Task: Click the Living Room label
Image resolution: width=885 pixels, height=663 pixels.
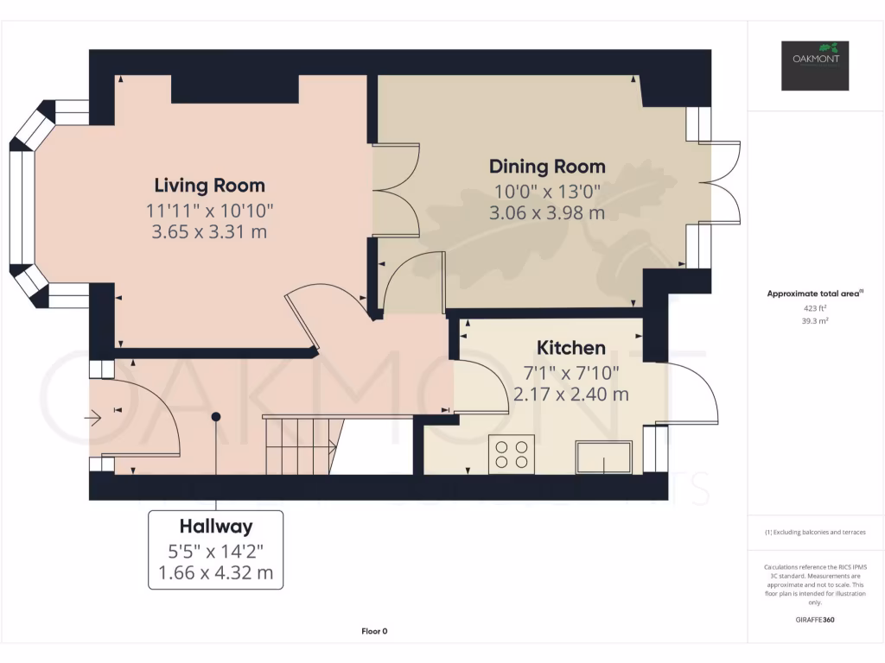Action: (x=209, y=185)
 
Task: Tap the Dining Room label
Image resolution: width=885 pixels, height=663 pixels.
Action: (x=547, y=167)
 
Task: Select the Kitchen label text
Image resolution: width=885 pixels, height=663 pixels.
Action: (x=570, y=348)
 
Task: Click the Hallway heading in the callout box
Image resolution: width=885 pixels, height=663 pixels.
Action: (x=215, y=526)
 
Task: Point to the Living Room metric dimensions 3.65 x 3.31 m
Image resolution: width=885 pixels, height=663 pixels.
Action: (x=209, y=231)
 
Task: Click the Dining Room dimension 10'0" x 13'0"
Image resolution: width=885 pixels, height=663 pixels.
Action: (x=547, y=192)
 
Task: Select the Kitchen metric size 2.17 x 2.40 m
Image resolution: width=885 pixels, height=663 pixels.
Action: (x=570, y=394)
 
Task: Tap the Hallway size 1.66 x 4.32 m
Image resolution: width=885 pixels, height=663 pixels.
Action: (x=215, y=573)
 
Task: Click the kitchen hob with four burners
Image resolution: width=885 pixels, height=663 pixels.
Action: (x=512, y=454)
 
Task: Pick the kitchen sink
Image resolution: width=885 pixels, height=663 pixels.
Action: (x=603, y=458)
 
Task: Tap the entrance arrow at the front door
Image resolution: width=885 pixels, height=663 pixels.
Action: (x=92, y=418)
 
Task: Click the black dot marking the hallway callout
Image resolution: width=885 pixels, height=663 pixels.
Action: (x=215, y=417)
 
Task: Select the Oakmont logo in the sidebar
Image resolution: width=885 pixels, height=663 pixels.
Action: (x=815, y=66)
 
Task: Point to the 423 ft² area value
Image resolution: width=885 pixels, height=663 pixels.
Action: (x=815, y=308)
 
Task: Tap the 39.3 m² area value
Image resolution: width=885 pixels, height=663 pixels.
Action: (x=815, y=321)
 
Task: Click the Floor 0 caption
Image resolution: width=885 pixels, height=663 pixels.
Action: (x=374, y=631)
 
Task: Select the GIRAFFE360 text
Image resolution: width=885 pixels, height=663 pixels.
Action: (x=815, y=620)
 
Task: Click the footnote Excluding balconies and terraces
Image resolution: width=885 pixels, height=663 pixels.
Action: (x=815, y=532)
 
